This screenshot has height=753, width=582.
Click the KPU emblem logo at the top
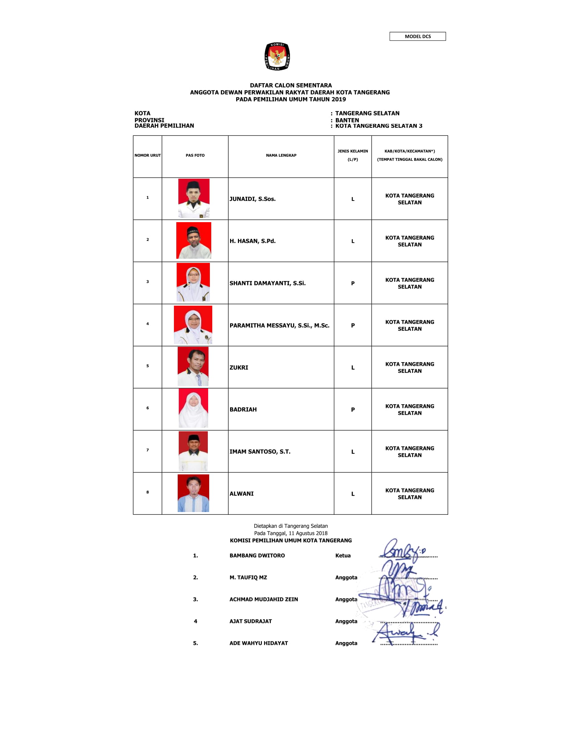[277, 56]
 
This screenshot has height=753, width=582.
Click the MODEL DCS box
[417, 36]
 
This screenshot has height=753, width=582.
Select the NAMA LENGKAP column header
[281, 155]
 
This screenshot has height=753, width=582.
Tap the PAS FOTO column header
[195, 155]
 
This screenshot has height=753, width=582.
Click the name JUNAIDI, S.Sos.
[252, 199]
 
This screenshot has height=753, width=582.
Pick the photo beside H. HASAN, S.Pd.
[193, 240]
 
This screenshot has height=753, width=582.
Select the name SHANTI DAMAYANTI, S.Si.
[267, 283]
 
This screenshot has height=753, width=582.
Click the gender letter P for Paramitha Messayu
[352, 326]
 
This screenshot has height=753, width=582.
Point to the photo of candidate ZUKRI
[193, 367]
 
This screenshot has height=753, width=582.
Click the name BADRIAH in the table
[243, 409]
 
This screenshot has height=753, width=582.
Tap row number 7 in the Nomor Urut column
[148, 450]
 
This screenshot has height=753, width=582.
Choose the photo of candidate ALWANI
[193, 493]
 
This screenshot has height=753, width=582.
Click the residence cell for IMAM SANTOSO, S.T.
[409, 452]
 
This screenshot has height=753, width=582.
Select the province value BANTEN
[347, 120]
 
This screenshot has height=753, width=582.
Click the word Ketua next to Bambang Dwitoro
[343, 556]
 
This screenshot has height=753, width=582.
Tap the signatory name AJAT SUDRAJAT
[250, 621]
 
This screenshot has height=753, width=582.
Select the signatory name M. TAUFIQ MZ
[248, 577]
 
